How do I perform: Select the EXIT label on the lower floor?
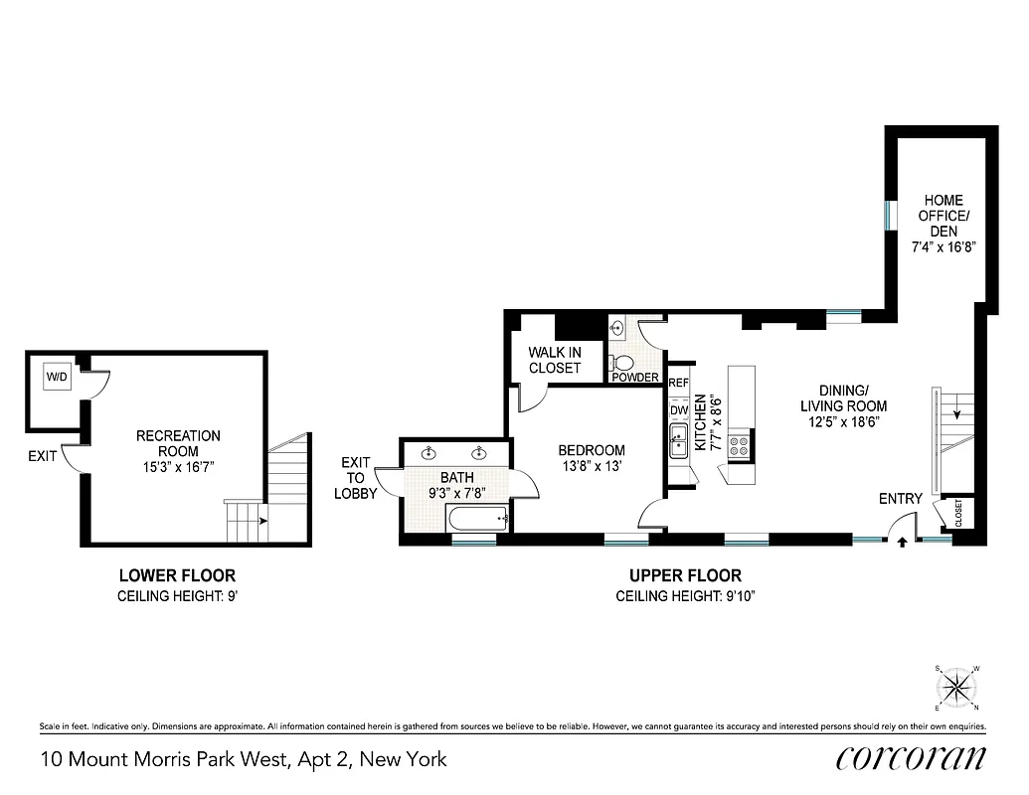tap(43, 457)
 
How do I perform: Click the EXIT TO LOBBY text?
tap(355, 478)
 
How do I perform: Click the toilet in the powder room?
tap(624, 362)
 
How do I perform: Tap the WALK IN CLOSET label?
tap(554, 360)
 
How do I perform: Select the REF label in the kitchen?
tap(679, 383)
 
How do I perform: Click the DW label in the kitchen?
tap(679, 410)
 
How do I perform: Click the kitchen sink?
tap(679, 443)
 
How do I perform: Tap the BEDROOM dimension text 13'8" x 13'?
tap(592, 466)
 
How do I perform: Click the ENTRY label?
tap(900, 499)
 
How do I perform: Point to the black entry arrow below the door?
tap(901, 543)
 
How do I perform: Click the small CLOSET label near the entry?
tap(959, 513)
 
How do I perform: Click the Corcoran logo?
tap(912, 757)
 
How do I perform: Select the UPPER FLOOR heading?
tap(684, 575)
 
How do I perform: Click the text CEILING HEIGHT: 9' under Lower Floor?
tap(177, 596)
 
